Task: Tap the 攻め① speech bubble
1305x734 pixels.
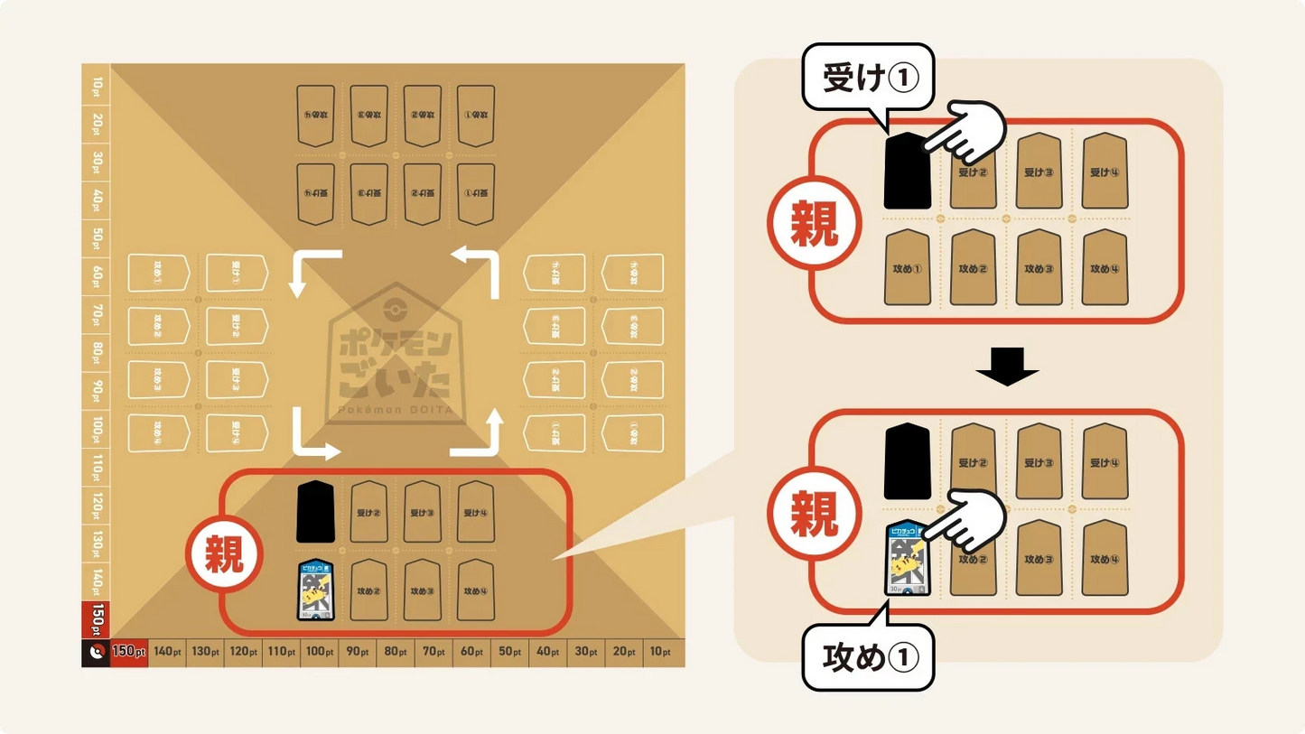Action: tap(868, 657)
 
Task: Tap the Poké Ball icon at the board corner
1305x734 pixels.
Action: tap(96, 652)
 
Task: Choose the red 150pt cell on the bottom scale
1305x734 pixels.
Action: tap(128, 652)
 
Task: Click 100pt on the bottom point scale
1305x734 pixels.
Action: tap(320, 652)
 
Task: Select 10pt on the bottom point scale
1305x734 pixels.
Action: tap(661, 652)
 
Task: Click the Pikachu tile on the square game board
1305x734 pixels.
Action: tap(316, 591)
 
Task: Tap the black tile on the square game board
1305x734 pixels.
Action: tap(316, 512)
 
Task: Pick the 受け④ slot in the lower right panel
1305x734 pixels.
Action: tap(1105, 462)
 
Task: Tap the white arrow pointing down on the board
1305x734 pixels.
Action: tap(307, 274)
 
